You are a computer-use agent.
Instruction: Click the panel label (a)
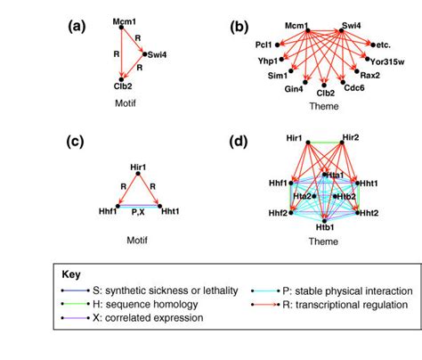point(76,26)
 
